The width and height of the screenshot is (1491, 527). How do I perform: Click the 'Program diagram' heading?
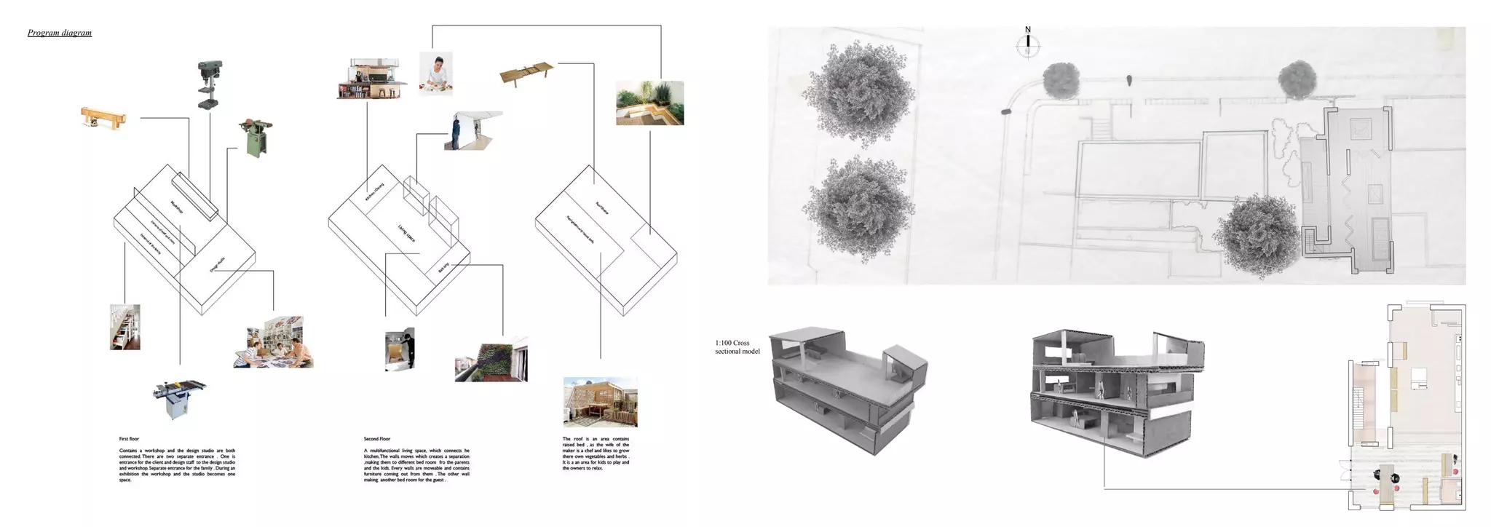coord(60,33)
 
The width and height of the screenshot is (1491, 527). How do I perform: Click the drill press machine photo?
coord(210,84)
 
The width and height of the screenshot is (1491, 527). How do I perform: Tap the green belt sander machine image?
coord(255,138)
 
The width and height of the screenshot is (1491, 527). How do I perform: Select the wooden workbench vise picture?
coord(104,118)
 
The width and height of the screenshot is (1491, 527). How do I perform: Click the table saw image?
coord(179,399)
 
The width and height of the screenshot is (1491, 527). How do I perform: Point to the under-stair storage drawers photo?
coord(125,327)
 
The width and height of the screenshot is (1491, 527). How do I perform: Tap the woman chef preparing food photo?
coord(435,73)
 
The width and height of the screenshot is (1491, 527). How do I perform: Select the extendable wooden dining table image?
coord(528,74)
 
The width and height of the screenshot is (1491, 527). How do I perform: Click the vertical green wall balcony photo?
coord(491,359)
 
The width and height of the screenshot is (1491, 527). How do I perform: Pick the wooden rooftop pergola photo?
coord(600,402)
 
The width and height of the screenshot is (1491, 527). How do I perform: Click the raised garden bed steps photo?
coord(649,103)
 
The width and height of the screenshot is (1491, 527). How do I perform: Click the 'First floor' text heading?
coord(129,439)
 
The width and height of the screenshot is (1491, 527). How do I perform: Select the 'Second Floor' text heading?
coord(377,439)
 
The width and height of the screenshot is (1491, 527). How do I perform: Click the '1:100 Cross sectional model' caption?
coord(737,347)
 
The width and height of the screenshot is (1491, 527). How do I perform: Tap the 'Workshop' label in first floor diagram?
coord(177,207)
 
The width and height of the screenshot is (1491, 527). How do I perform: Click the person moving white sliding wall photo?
coord(472,131)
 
